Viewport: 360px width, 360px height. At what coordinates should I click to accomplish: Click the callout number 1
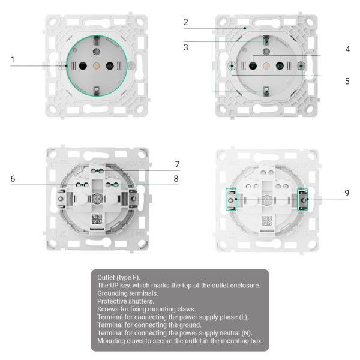(x=13, y=60)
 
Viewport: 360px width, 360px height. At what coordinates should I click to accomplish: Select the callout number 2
(x=186, y=23)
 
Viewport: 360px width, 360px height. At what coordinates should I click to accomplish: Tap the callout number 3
(x=186, y=47)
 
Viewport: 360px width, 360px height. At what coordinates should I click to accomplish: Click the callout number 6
(x=13, y=178)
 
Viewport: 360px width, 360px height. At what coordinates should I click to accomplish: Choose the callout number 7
(x=177, y=164)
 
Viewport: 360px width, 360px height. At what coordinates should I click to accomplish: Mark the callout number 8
(x=177, y=178)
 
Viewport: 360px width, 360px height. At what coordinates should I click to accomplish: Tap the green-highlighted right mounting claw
(x=303, y=199)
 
